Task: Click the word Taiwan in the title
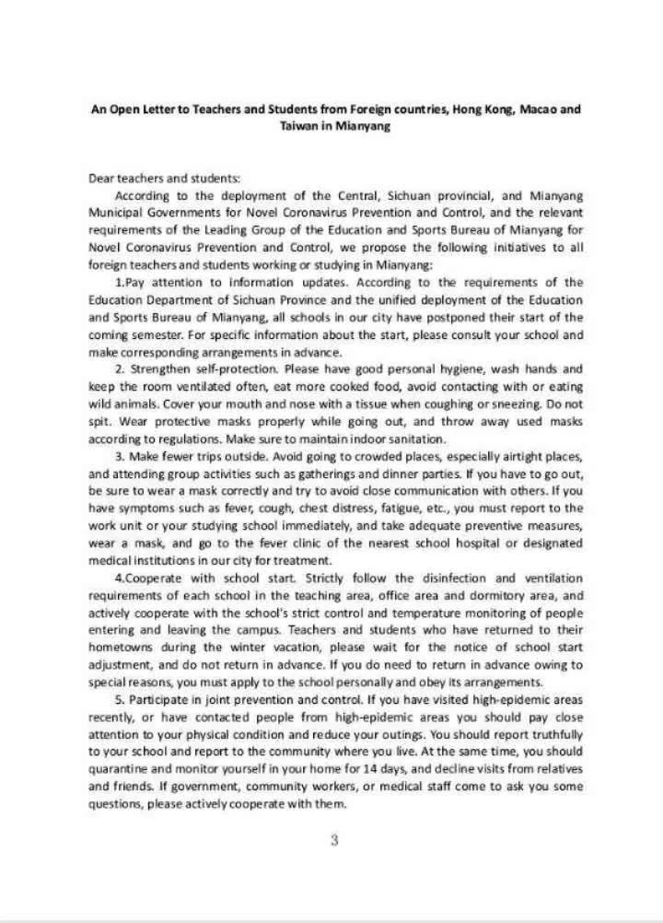point(297,125)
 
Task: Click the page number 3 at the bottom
point(335,840)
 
